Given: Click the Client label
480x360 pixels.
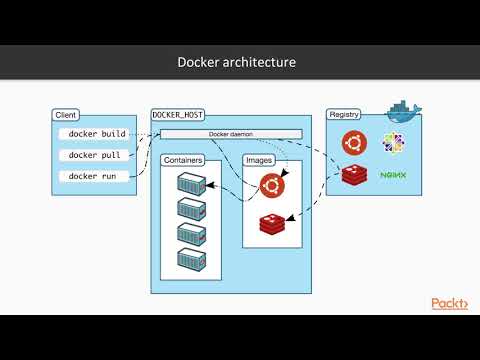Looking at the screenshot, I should click(65, 115).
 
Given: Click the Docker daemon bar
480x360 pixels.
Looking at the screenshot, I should click(230, 134).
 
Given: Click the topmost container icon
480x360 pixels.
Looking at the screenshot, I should click(191, 185).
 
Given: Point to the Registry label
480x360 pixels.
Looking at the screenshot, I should click(345, 115).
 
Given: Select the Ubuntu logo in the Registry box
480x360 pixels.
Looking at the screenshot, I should click(355, 143).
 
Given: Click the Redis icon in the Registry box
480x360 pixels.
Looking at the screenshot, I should click(355, 175).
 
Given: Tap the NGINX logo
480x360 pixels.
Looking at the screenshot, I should click(394, 176).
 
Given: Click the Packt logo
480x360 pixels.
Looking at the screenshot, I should click(449, 303).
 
